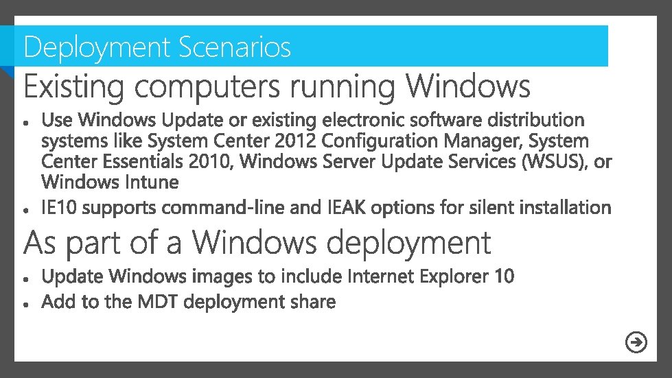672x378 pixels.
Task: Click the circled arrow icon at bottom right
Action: (x=637, y=342)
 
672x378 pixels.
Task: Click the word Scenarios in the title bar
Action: (x=234, y=47)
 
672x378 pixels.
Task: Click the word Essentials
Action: (x=136, y=162)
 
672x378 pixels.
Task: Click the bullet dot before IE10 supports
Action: (x=25, y=208)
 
